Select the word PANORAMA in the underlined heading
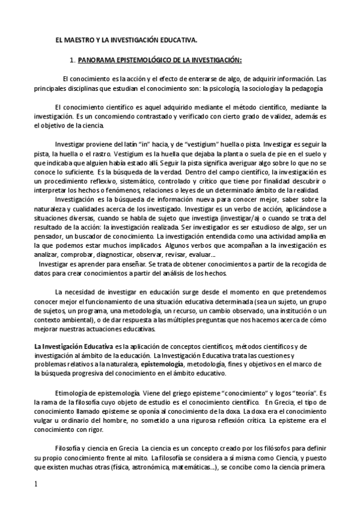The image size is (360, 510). click(x=97, y=61)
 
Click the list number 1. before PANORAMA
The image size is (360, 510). click(x=72, y=61)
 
